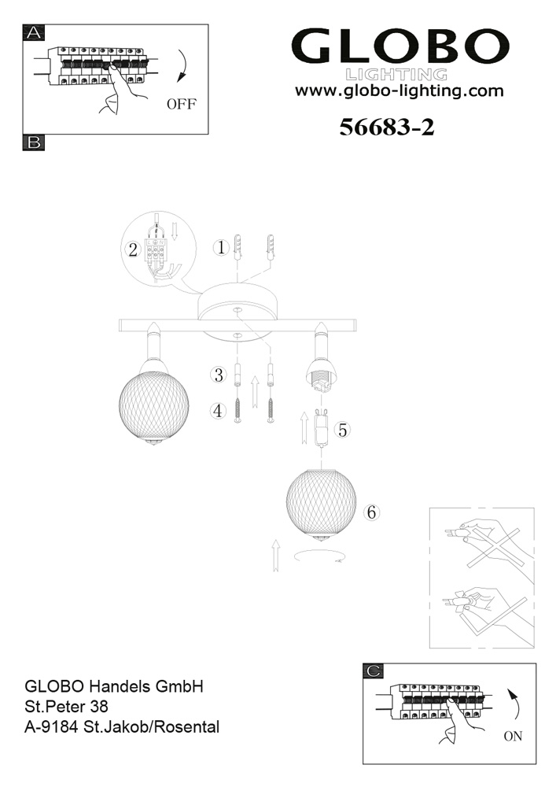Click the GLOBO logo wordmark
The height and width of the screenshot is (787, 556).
pos(400,46)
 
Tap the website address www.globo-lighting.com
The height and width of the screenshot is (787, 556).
pos(399,91)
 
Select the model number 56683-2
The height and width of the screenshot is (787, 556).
pos(387,127)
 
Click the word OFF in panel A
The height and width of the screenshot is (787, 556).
pos(182,104)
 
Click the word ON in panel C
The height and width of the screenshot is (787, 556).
pos(513,737)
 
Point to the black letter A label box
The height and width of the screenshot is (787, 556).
pos(34,32)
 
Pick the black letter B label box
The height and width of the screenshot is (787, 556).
pos(34,142)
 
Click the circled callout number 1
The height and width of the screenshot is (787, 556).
pos(221,247)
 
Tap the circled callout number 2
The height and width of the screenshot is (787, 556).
pos(133,249)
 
